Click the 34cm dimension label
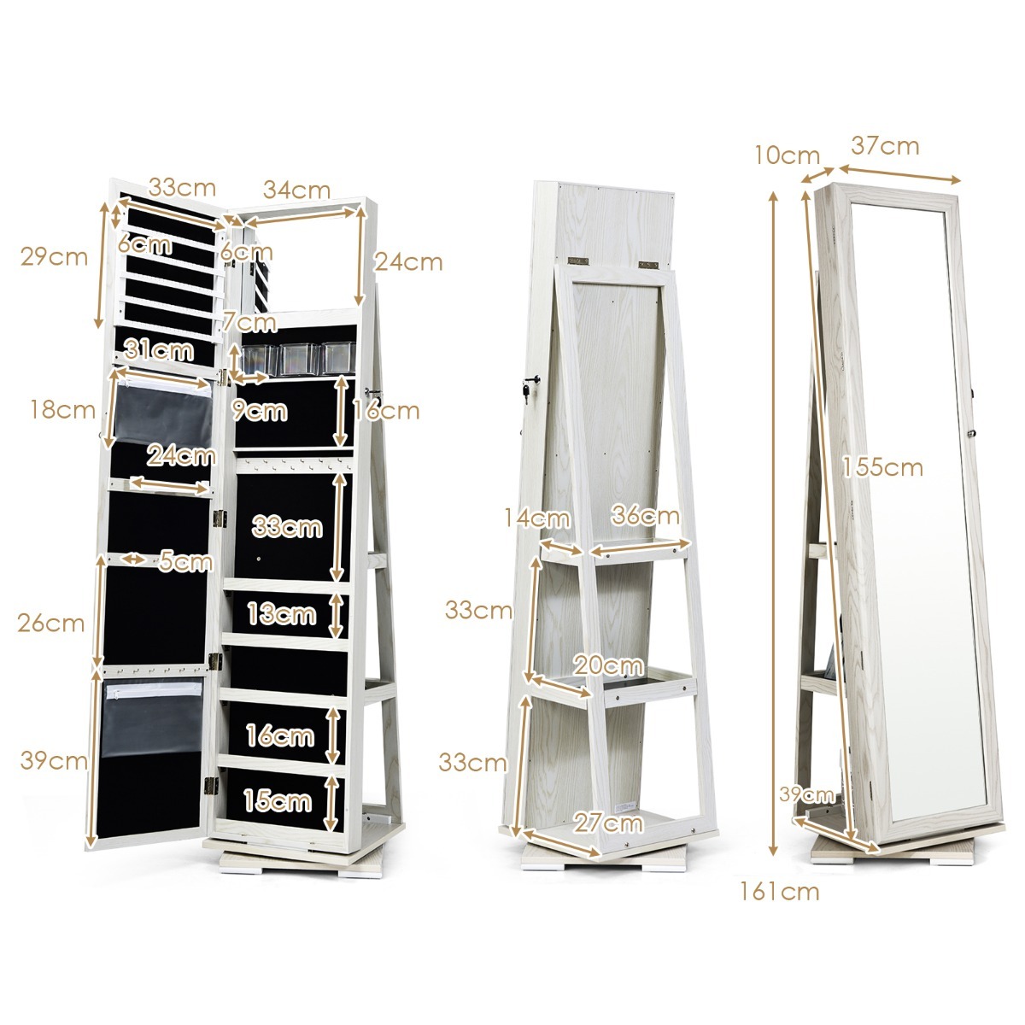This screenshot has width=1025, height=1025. click(296, 190)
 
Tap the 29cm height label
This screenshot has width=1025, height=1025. click(54, 256)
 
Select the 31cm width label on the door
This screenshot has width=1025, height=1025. click(158, 348)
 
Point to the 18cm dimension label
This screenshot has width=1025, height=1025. click(62, 409)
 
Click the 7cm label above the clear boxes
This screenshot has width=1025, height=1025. click(249, 322)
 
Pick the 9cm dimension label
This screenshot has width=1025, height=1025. click(260, 411)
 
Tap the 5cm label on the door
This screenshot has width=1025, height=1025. click(185, 561)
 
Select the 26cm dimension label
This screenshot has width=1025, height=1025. click(51, 623)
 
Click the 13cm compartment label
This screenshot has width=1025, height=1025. click(281, 612)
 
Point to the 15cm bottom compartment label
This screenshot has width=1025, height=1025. click(277, 800)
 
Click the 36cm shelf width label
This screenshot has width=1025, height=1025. click(645, 515)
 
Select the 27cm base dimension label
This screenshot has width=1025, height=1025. click(607, 823)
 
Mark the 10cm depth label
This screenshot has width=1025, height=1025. click(787, 155)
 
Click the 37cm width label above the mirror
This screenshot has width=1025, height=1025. click(885, 146)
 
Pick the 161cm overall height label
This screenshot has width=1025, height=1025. click(779, 892)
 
